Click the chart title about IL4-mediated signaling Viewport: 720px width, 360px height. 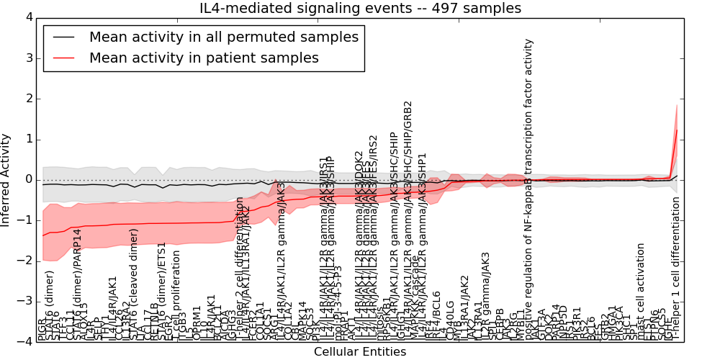pyautogui.click(x=360, y=8)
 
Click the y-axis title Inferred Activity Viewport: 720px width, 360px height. pyautogui.click(x=6, y=179)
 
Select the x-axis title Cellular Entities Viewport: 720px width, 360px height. pyautogui.click(x=360, y=352)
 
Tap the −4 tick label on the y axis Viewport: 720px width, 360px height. pyautogui.click(x=23, y=341)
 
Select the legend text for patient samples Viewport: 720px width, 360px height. pyautogui.click(x=204, y=58)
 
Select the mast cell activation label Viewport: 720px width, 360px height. pyautogui.click(x=641, y=292)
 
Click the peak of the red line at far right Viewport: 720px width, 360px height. pyautogui.click(x=677, y=130)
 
